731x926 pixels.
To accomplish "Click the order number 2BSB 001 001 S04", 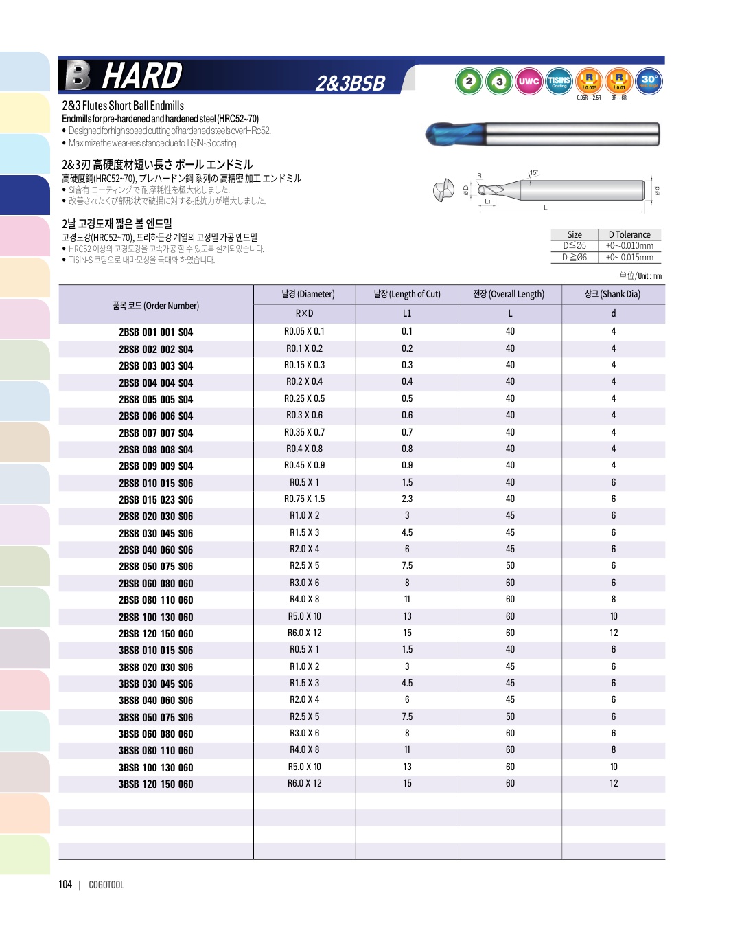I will point(156,332).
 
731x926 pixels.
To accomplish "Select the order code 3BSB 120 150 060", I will point(156,784).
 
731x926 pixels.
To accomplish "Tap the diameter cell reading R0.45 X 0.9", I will point(304,466).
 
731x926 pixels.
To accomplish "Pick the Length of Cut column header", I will point(407,295).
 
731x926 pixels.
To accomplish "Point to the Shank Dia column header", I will point(612,295).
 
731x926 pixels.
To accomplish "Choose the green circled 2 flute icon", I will point(469,82).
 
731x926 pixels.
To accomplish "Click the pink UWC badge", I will point(529,82).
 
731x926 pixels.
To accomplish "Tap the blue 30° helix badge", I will point(649,81).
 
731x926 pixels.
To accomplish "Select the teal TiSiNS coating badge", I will point(559,82).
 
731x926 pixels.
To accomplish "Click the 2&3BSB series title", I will point(350,84).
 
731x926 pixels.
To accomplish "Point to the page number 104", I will point(65,885).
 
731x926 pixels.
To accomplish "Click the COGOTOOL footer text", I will point(106,885).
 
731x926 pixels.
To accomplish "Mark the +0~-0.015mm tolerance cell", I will point(629,258).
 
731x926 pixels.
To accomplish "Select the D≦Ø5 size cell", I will point(575,246).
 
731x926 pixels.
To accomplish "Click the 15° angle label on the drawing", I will point(533,173).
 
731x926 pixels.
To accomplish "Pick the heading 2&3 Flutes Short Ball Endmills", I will point(123,106).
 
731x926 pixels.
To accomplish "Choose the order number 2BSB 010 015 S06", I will point(156,484).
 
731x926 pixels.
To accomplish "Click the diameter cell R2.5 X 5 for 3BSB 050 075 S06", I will point(304,717).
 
